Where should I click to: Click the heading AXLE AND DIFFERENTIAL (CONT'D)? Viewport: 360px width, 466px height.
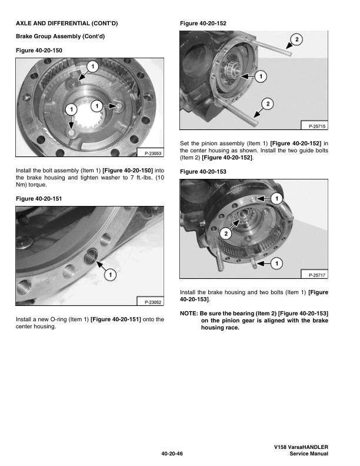click(x=66, y=23)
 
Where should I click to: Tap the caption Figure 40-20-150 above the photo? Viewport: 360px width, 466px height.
click(x=39, y=51)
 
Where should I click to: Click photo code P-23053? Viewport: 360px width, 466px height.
click(x=149, y=154)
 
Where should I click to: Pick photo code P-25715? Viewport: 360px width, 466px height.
click(x=314, y=126)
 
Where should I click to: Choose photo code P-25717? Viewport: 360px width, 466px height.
click(x=314, y=275)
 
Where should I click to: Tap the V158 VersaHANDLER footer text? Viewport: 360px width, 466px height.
click(x=301, y=448)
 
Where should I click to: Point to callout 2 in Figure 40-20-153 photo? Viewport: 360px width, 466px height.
click(x=225, y=234)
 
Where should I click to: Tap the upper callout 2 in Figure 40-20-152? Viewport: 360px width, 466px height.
click(x=296, y=39)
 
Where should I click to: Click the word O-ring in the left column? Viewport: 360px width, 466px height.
click(x=66, y=319)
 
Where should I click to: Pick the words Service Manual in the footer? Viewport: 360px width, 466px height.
click(x=305, y=454)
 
